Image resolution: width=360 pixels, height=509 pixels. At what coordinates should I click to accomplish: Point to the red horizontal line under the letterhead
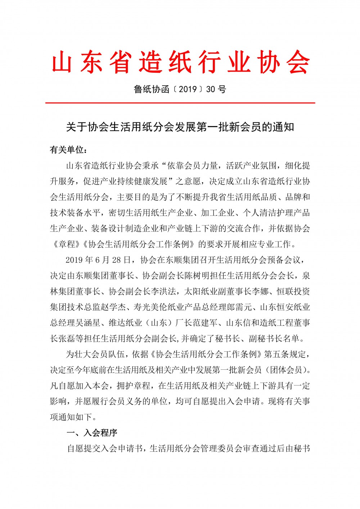coord(180,103)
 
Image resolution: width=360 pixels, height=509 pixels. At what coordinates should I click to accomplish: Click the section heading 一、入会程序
coord(92,433)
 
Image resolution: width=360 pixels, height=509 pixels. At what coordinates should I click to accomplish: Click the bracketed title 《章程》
coord(67,244)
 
